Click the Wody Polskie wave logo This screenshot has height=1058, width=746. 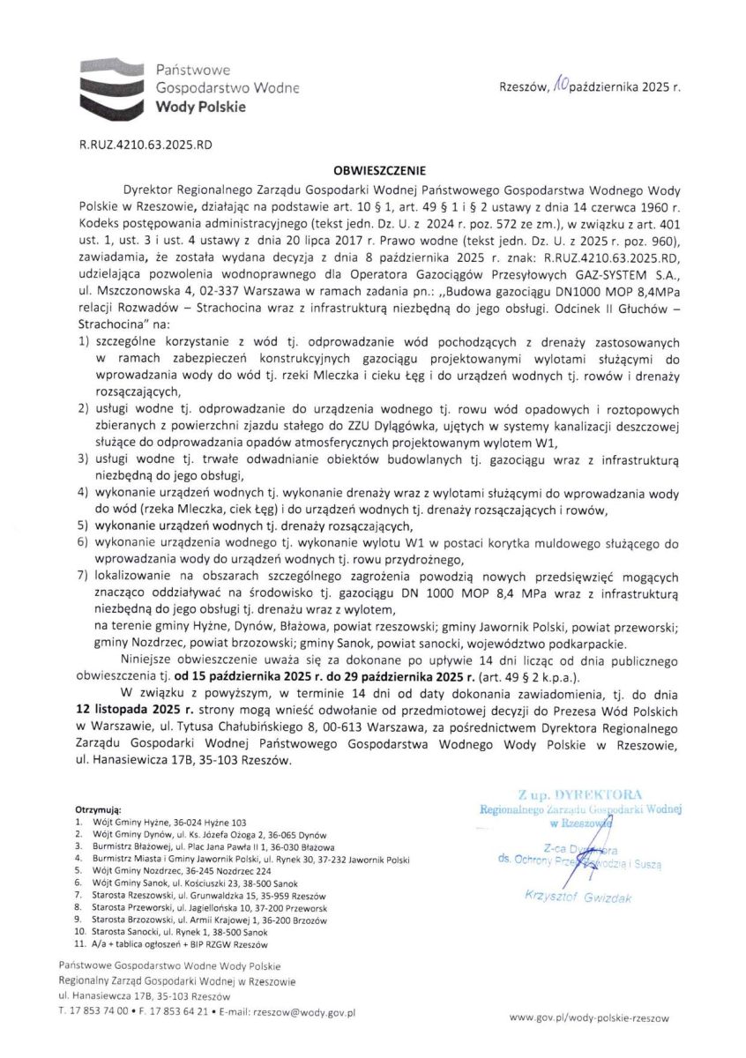click(111, 86)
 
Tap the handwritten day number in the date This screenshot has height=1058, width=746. click(560, 86)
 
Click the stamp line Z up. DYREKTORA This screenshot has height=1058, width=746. click(580, 794)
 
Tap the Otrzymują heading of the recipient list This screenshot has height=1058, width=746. click(99, 808)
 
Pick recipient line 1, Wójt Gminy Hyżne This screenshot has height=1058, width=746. click(168, 820)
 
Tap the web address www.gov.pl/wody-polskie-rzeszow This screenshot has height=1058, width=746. click(589, 1017)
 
